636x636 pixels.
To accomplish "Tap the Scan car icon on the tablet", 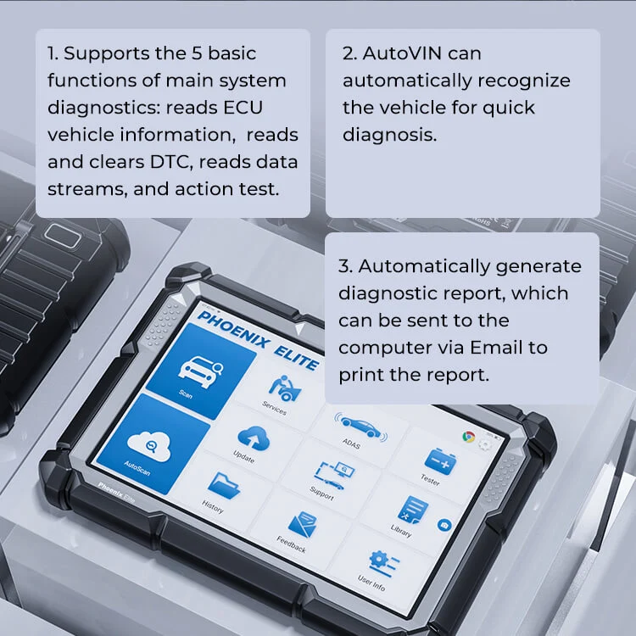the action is pos(200,371).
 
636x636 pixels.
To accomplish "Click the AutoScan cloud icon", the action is pos(149,446).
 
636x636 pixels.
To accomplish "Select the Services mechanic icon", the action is pos(285,388).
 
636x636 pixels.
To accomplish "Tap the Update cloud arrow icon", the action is pos(254,438).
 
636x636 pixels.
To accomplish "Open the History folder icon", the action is pos(224,485).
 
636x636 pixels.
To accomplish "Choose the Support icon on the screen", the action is pos(334,476).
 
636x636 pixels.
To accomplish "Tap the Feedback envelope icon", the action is pos(303,525).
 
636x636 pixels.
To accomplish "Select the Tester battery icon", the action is pos(440,461).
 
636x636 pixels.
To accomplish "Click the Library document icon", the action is pos(413,510).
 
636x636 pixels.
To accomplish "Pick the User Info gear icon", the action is pos(383,563).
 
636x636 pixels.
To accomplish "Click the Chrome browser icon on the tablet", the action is pos(468,437).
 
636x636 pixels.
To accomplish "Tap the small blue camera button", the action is pos(444,525).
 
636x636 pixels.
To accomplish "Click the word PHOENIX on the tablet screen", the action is pos(233,330).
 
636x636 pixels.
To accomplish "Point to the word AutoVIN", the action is pos(421,53).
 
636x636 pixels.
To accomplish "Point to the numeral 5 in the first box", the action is pos(197,53).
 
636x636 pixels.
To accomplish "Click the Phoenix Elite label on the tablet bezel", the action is pos(116,493).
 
